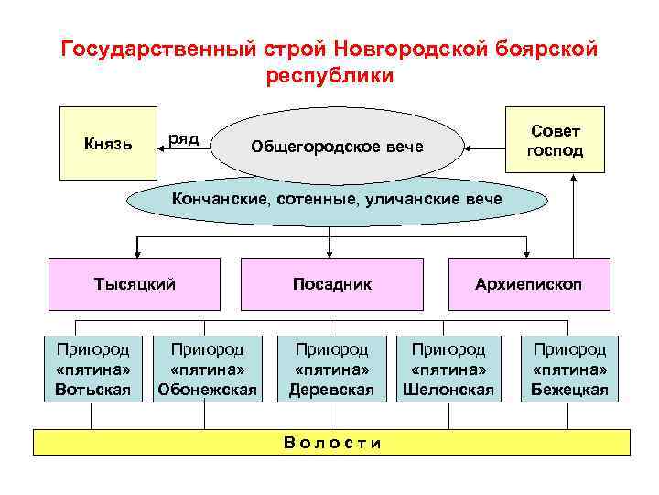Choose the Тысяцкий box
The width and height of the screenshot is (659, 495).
[x=135, y=284]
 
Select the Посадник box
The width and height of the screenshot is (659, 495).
[x=331, y=284]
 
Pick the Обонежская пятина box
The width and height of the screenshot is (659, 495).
[x=207, y=369]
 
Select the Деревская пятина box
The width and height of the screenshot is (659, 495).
[x=331, y=369]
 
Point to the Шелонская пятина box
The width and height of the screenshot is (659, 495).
[x=448, y=369]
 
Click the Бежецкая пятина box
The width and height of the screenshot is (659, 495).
[x=570, y=369]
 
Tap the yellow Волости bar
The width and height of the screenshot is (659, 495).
[x=331, y=443]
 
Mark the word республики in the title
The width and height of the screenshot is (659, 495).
[x=329, y=75]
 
